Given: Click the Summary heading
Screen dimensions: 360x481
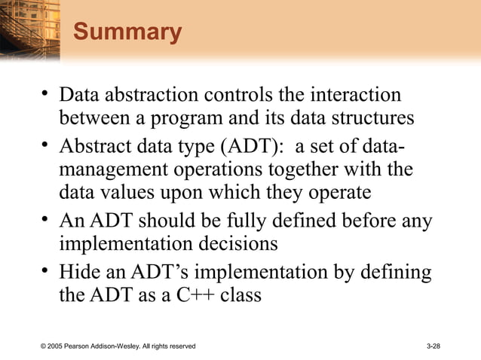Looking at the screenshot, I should [x=127, y=33].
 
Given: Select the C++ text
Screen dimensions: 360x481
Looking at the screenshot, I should [x=198, y=294].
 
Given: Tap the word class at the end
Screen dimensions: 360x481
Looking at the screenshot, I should [x=241, y=294].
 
